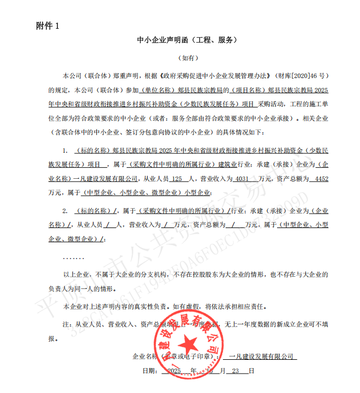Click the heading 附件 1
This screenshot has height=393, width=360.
[48, 25]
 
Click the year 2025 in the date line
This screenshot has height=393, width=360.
[174, 370]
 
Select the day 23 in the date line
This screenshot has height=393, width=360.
[236, 370]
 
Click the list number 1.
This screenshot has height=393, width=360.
[65, 150]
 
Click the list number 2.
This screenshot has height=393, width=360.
[65, 210]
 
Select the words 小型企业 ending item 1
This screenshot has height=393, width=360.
[199, 193]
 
